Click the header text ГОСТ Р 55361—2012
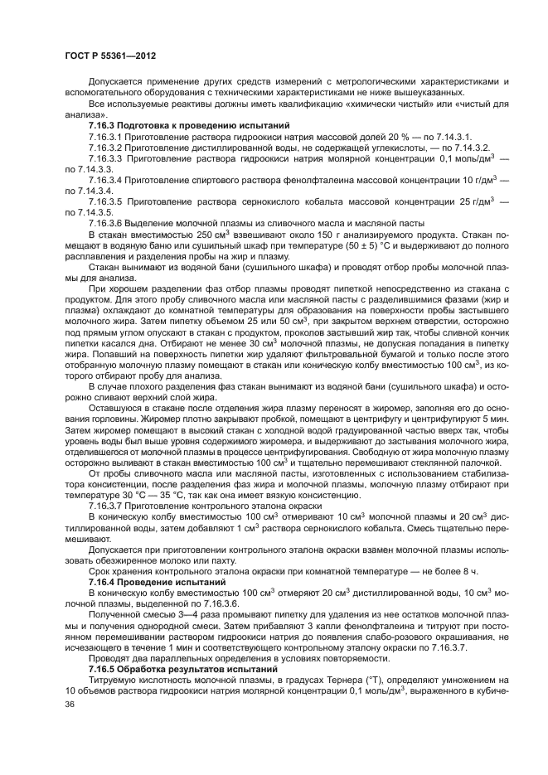pos(110,55)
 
